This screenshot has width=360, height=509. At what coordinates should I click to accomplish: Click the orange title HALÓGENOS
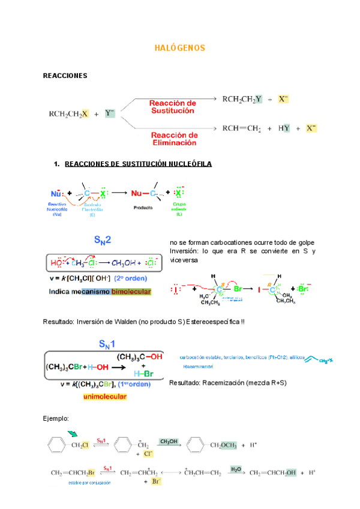(180, 48)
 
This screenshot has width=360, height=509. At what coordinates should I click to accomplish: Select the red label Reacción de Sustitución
(172, 107)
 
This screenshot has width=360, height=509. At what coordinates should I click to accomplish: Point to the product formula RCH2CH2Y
(242, 99)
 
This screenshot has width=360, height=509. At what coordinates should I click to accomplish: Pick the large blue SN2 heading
(103, 240)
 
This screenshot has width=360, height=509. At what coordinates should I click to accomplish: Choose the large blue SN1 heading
(109, 345)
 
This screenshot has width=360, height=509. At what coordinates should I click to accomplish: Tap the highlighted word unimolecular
(104, 397)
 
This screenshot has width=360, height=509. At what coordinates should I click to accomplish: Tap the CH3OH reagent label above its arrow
(169, 442)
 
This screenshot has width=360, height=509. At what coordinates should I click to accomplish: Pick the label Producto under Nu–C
(144, 205)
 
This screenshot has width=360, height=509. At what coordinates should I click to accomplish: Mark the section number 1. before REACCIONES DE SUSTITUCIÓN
(56, 164)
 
